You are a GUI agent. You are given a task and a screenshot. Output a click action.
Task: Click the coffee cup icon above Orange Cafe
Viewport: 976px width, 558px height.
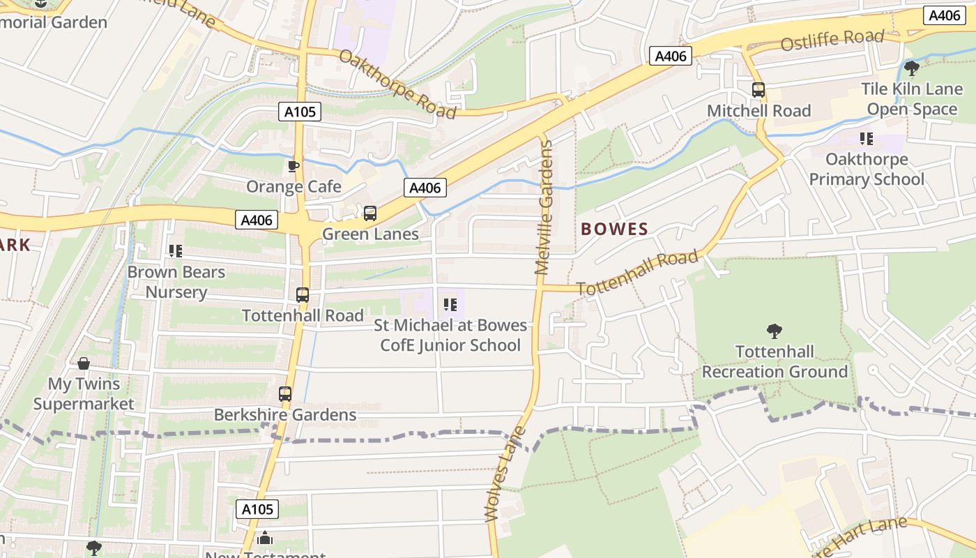click(293, 166)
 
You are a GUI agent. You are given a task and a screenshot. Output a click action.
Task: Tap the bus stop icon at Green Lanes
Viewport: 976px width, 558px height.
click(370, 213)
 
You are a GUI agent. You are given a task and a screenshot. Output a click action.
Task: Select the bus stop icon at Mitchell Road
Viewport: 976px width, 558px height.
click(758, 90)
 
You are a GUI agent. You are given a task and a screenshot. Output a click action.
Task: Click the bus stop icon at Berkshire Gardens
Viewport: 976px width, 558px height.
click(285, 394)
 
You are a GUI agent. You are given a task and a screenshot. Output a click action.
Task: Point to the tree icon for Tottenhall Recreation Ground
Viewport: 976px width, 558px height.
click(774, 331)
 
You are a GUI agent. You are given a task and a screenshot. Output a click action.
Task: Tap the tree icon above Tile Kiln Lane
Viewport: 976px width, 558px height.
click(911, 68)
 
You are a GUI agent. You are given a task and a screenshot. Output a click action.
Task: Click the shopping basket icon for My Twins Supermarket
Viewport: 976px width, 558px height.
click(84, 363)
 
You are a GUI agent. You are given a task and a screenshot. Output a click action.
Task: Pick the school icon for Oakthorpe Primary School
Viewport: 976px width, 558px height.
click(867, 139)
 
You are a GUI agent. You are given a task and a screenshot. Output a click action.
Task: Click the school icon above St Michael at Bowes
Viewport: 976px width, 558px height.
click(450, 305)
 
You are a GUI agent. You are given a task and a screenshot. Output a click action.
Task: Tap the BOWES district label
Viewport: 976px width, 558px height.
click(614, 229)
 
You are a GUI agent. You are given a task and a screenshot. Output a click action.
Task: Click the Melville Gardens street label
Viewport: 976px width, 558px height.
click(544, 207)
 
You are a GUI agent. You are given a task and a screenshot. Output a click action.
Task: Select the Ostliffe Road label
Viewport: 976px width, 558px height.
click(832, 40)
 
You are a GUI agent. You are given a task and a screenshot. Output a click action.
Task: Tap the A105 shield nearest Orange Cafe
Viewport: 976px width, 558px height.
click(301, 112)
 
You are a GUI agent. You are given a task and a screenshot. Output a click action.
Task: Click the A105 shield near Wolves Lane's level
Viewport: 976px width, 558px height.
click(257, 509)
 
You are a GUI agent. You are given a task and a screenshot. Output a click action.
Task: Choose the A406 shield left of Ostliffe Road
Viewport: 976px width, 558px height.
click(671, 56)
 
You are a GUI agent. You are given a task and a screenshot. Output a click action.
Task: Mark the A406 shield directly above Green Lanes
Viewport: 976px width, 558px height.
click(425, 188)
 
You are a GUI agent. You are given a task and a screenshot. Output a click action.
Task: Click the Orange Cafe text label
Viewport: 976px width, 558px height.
click(293, 187)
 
